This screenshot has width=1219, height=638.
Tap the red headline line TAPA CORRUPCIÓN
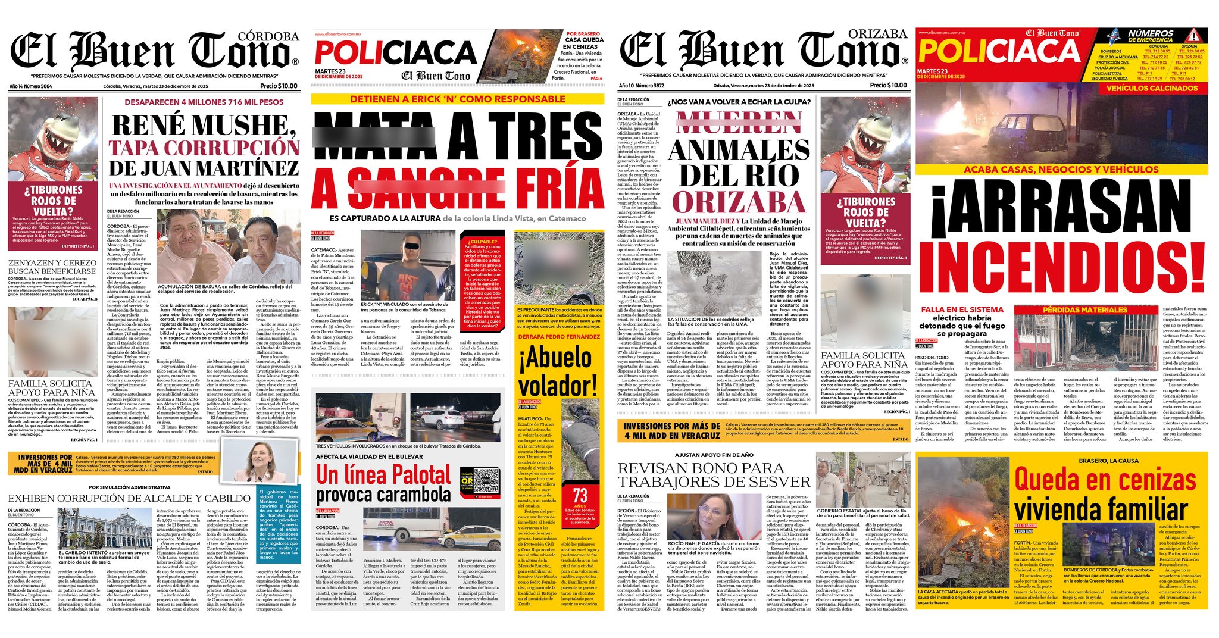204,148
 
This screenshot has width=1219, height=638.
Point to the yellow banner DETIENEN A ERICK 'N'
457,99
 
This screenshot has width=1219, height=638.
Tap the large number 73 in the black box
580,495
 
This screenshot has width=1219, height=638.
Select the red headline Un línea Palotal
383,475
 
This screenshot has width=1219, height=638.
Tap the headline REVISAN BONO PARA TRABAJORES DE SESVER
714,474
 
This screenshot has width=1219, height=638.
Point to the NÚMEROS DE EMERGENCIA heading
1150,36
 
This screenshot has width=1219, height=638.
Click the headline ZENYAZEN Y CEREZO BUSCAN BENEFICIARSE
52,267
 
